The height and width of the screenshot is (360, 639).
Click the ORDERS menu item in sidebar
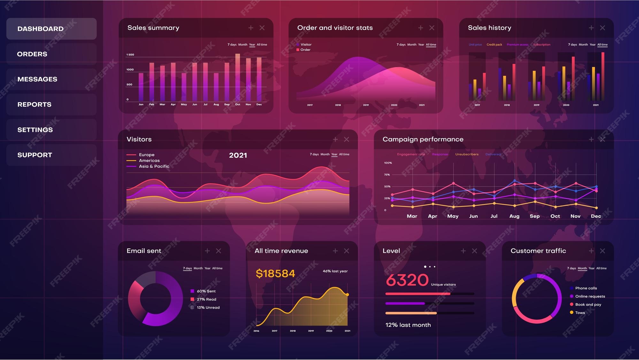(32, 54)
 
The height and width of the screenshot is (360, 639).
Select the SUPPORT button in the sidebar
(35, 155)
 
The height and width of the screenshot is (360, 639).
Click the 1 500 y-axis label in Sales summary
(130, 55)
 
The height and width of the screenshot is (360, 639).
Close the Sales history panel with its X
(602, 28)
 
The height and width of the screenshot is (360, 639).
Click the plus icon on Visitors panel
(335, 139)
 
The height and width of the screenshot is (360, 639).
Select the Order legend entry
(305, 50)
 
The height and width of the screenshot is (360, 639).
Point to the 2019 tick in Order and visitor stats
(366, 105)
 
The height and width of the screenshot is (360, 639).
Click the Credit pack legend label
(494, 45)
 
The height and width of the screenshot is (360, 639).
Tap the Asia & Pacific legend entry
(154, 166)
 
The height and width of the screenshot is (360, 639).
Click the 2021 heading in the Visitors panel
(238, 155)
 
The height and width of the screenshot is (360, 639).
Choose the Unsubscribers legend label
(467, 154)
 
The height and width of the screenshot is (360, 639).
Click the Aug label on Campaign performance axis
(514, 216)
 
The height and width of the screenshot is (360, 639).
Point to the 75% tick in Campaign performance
(387, 175)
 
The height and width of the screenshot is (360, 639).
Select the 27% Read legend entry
(206, 299)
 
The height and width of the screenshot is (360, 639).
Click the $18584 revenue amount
(275, 274)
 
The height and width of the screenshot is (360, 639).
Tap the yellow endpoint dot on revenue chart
(347, 295)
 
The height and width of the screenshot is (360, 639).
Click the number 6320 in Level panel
(407, 280)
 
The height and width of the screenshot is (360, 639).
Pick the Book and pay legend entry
(588, 304)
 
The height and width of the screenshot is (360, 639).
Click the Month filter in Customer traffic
(582, 268)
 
